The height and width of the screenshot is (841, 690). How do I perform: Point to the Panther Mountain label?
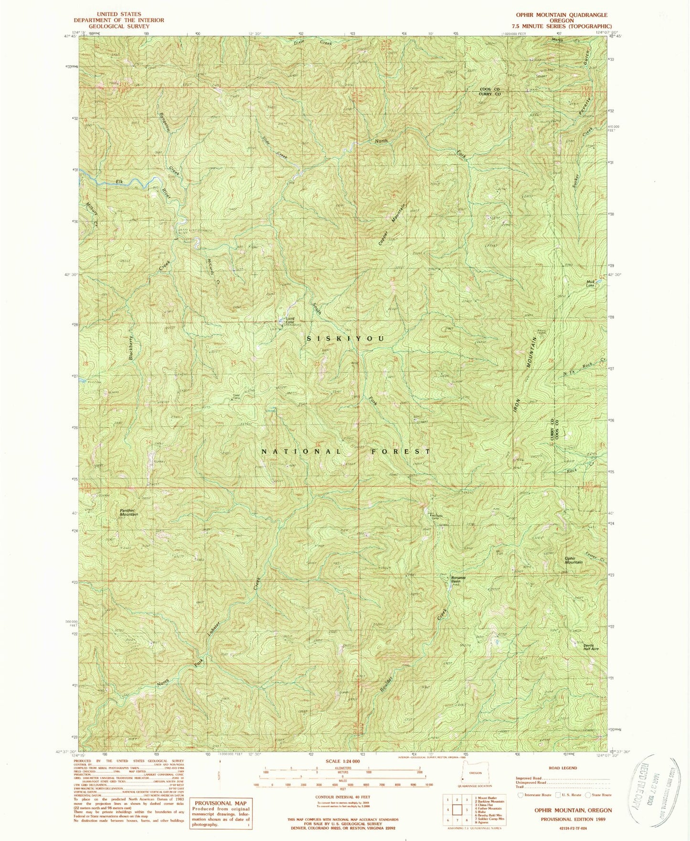coord(129,512)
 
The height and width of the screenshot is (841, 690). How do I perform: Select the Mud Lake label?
coord(590,283)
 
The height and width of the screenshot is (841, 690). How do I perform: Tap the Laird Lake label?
coord(290,321)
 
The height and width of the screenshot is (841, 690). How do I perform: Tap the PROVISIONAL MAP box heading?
coord(220,803)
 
